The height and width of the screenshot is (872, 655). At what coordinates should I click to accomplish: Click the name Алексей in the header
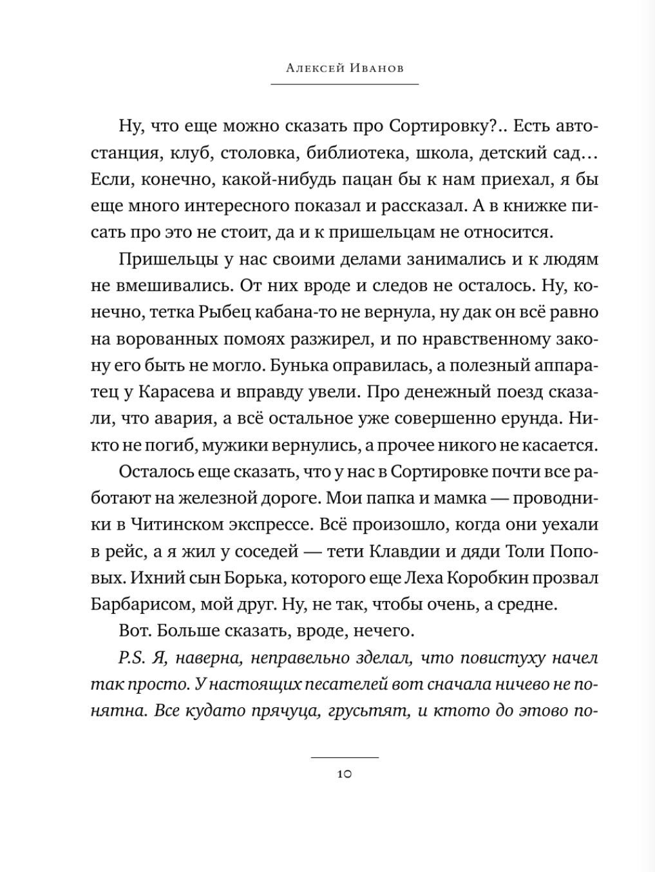[312, 68]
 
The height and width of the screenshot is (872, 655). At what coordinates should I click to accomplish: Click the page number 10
[344, 774]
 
